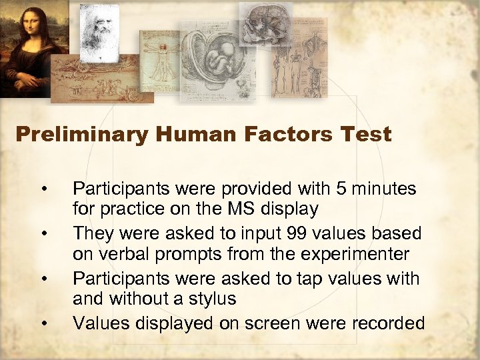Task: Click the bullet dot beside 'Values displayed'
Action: point(43,324)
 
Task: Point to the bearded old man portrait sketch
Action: point(99,30)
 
